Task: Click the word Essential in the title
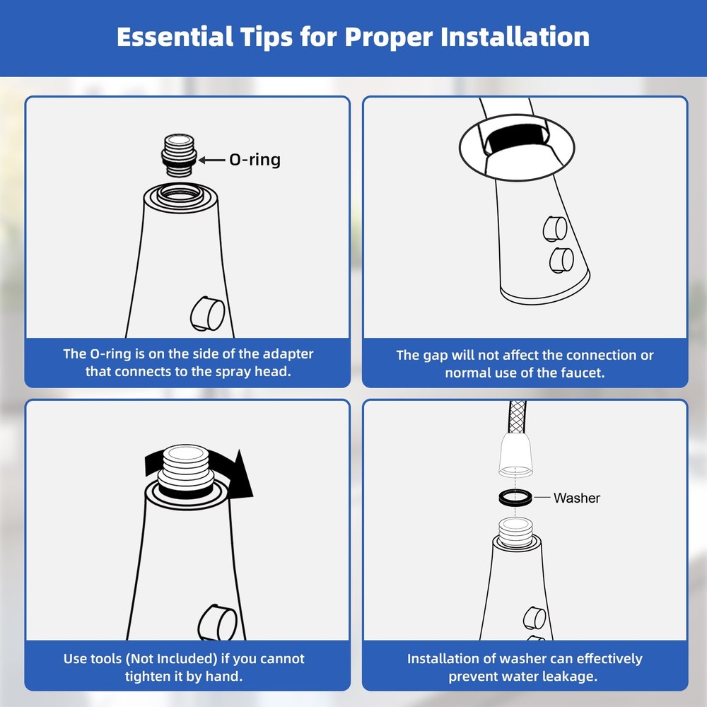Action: (x=175, y=37)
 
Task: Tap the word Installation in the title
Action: (x=515, y=37)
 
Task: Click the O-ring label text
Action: (x=255, y=160)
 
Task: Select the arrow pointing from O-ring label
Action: (x=212, y=160)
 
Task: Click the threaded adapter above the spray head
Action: (x=179, y=156)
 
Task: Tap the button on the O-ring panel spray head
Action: (x=207, y=313)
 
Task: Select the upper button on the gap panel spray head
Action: (x=555, y=228)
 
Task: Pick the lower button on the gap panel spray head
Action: (x=561, y=260)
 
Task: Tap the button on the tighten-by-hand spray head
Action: (x=218, y=622)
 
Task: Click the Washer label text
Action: (x=577, y=498)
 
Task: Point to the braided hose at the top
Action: (x=518, y=417)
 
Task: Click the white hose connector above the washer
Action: (x=516, y=455)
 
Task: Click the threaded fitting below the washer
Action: (x=516, y=533)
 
